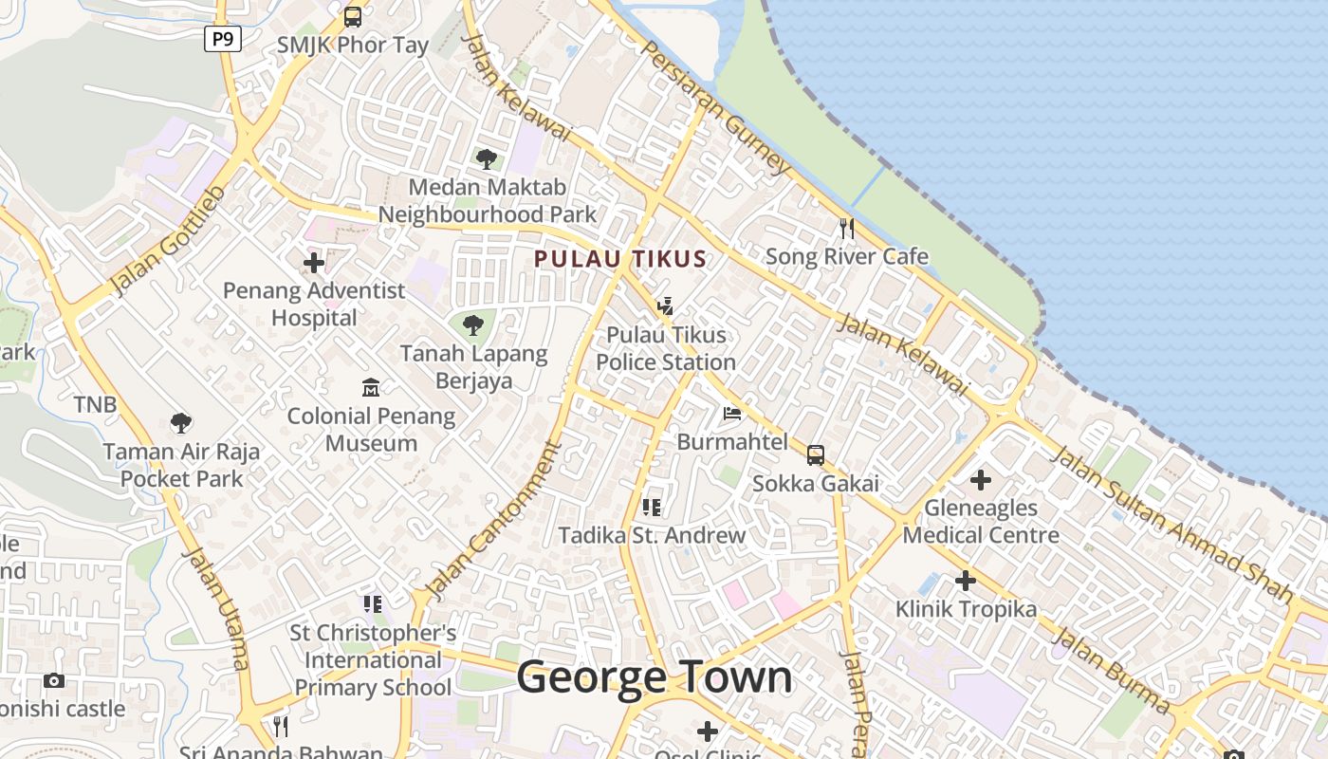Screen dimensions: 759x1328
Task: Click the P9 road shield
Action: pyautogui.click(x=222, y=39)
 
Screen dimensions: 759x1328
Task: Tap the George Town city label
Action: pyautogui.click(x=655, y=677)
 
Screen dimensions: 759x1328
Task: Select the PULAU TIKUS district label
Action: pyautogui.click(x=620, y=259)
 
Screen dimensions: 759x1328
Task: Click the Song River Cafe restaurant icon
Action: pyautogui.click(x=847, y=229)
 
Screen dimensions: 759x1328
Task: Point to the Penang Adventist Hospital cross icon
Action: pyautogui.click(x=314, y=263)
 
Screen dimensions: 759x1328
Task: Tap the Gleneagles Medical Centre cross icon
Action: pyautogui.click(x=981, y=480)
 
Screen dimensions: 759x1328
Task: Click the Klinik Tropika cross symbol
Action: pyautogui.click(x=966, y=581)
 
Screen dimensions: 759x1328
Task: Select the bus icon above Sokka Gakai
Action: pyautogui.click(x=816, y=455)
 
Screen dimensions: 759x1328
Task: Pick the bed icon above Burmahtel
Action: pyautogui.click(x=732, y=414)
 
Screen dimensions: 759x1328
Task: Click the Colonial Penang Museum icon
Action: pyautogui.click(x=371, y=388)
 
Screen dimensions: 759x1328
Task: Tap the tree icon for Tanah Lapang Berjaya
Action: pyautogui.click(x=473, y=326)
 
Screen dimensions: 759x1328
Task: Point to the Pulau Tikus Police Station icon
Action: pyautogui.click(x=666, y=306)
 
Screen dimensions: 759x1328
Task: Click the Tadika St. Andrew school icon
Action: pyautogui.click(x=652, y=508)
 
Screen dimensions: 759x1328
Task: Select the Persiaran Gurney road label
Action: pyautogui.click(x=715, y=106)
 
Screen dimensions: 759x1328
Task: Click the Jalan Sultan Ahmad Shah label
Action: pyautogui.click(x=1171, y=525)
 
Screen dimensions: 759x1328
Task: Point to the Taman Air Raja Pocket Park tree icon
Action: pyautogui.click(x=181, y=423)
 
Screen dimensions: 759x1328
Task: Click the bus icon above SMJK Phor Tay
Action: pyautogui.click(x=353, y=16)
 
